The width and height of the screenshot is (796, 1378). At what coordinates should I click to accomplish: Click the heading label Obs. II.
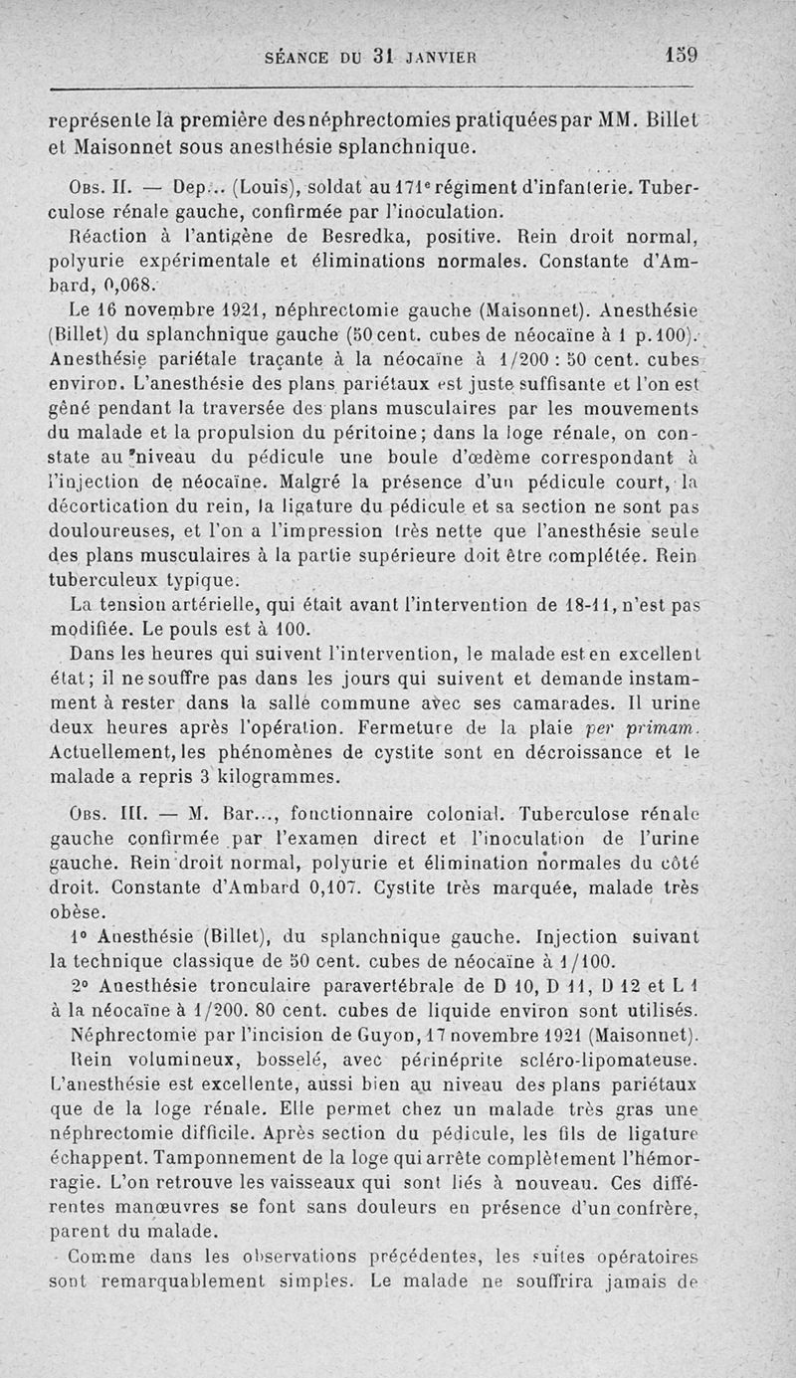[x=92, y=187]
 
